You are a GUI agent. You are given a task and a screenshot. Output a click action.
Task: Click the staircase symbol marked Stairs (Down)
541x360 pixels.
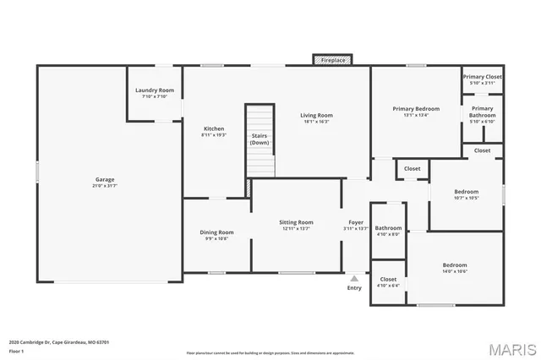[260, 139]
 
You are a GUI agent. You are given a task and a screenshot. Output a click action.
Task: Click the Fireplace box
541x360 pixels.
[332, 60]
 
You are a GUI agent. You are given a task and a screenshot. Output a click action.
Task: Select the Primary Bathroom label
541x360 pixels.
[482, 112]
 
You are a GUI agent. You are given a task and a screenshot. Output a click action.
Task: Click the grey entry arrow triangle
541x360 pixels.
[354, 277]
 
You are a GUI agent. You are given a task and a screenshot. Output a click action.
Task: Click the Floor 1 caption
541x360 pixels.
[16, 351]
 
